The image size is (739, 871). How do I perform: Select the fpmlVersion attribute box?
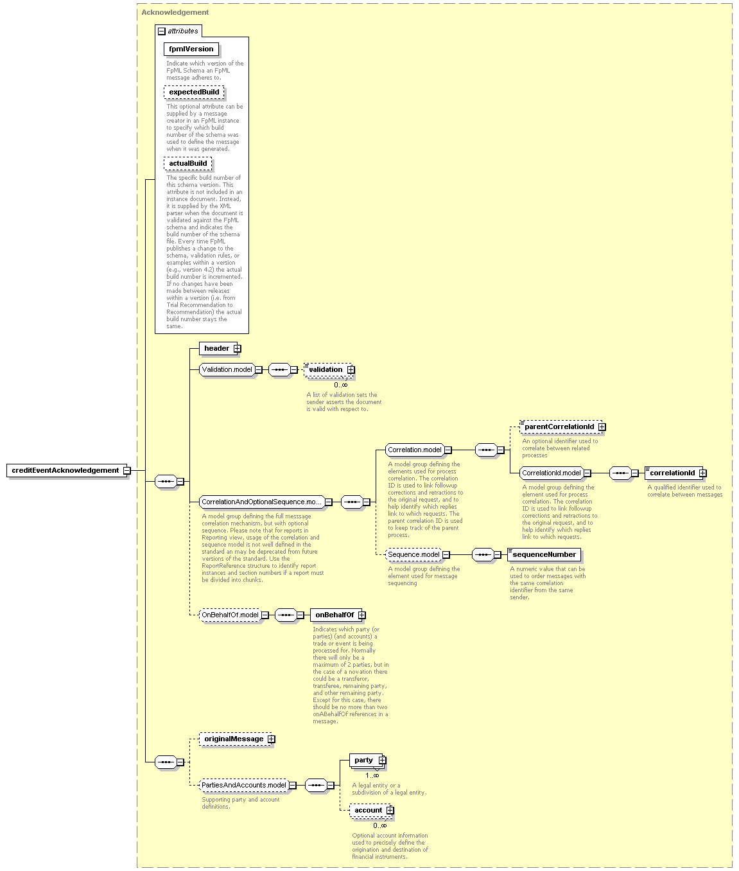(x=191, y=49)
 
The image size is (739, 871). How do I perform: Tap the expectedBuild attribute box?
(x=194, y=92)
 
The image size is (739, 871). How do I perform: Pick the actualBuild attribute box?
(x=188, y=163)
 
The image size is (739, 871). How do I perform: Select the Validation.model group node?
(x=230, y=369)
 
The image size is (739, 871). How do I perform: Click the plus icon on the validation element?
(x=351, y=369)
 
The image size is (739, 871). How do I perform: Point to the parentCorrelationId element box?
(x=562, y=427)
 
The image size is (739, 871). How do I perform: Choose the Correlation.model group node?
(x=419, y=450)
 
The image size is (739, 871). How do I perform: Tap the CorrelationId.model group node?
(x=555, y=473)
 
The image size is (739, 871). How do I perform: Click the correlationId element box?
(x=675, y=473)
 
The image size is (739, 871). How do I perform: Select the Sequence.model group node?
(x=417, y=554)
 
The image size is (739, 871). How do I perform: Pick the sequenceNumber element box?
(x=544, y=554)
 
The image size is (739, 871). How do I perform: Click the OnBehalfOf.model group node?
(x=234, y=615)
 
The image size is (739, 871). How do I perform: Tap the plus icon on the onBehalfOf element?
(x=362, y=615)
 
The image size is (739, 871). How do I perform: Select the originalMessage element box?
(x=237, y=739)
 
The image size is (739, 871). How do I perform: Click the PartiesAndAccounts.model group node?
(x=248, y=785)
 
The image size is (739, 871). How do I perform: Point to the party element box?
(x=368, y=760)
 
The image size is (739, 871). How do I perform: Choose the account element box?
(x=372, y=810)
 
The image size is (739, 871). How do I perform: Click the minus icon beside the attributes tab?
(x=162, y=31)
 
